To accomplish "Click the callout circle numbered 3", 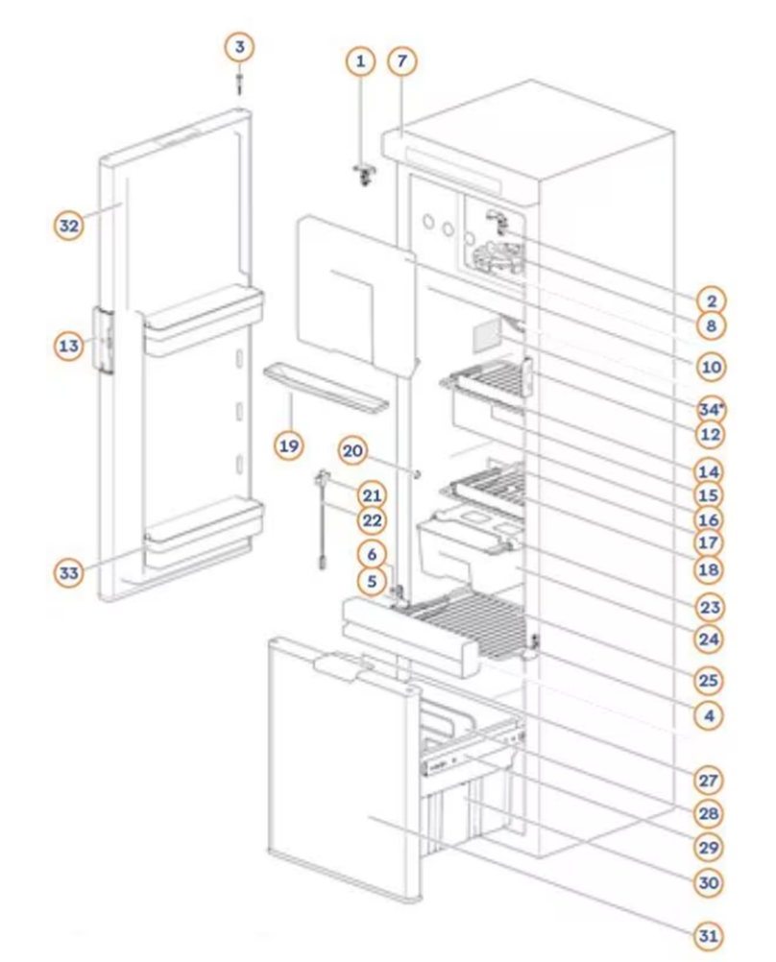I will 240,46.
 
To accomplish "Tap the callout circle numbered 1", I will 360,62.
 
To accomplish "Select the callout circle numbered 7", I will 402,62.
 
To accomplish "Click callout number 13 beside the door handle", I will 68,346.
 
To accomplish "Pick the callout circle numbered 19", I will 289,445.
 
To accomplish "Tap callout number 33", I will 68,573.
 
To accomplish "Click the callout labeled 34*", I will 711,410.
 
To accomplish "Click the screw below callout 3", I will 240,84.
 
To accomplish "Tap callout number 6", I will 374,553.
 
